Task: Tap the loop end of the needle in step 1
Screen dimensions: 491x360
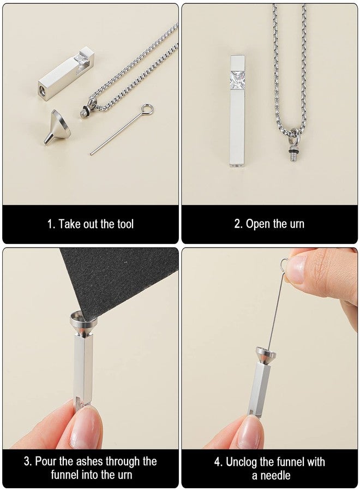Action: point(147,109)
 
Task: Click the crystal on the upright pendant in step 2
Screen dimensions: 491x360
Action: point(237,80)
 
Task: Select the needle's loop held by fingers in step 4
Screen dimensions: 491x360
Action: point(284,264)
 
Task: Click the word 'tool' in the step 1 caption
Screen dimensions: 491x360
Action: point(123,224)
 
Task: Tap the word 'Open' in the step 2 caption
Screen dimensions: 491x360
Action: point(257,224)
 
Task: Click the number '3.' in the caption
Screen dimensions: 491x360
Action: point(27,462)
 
